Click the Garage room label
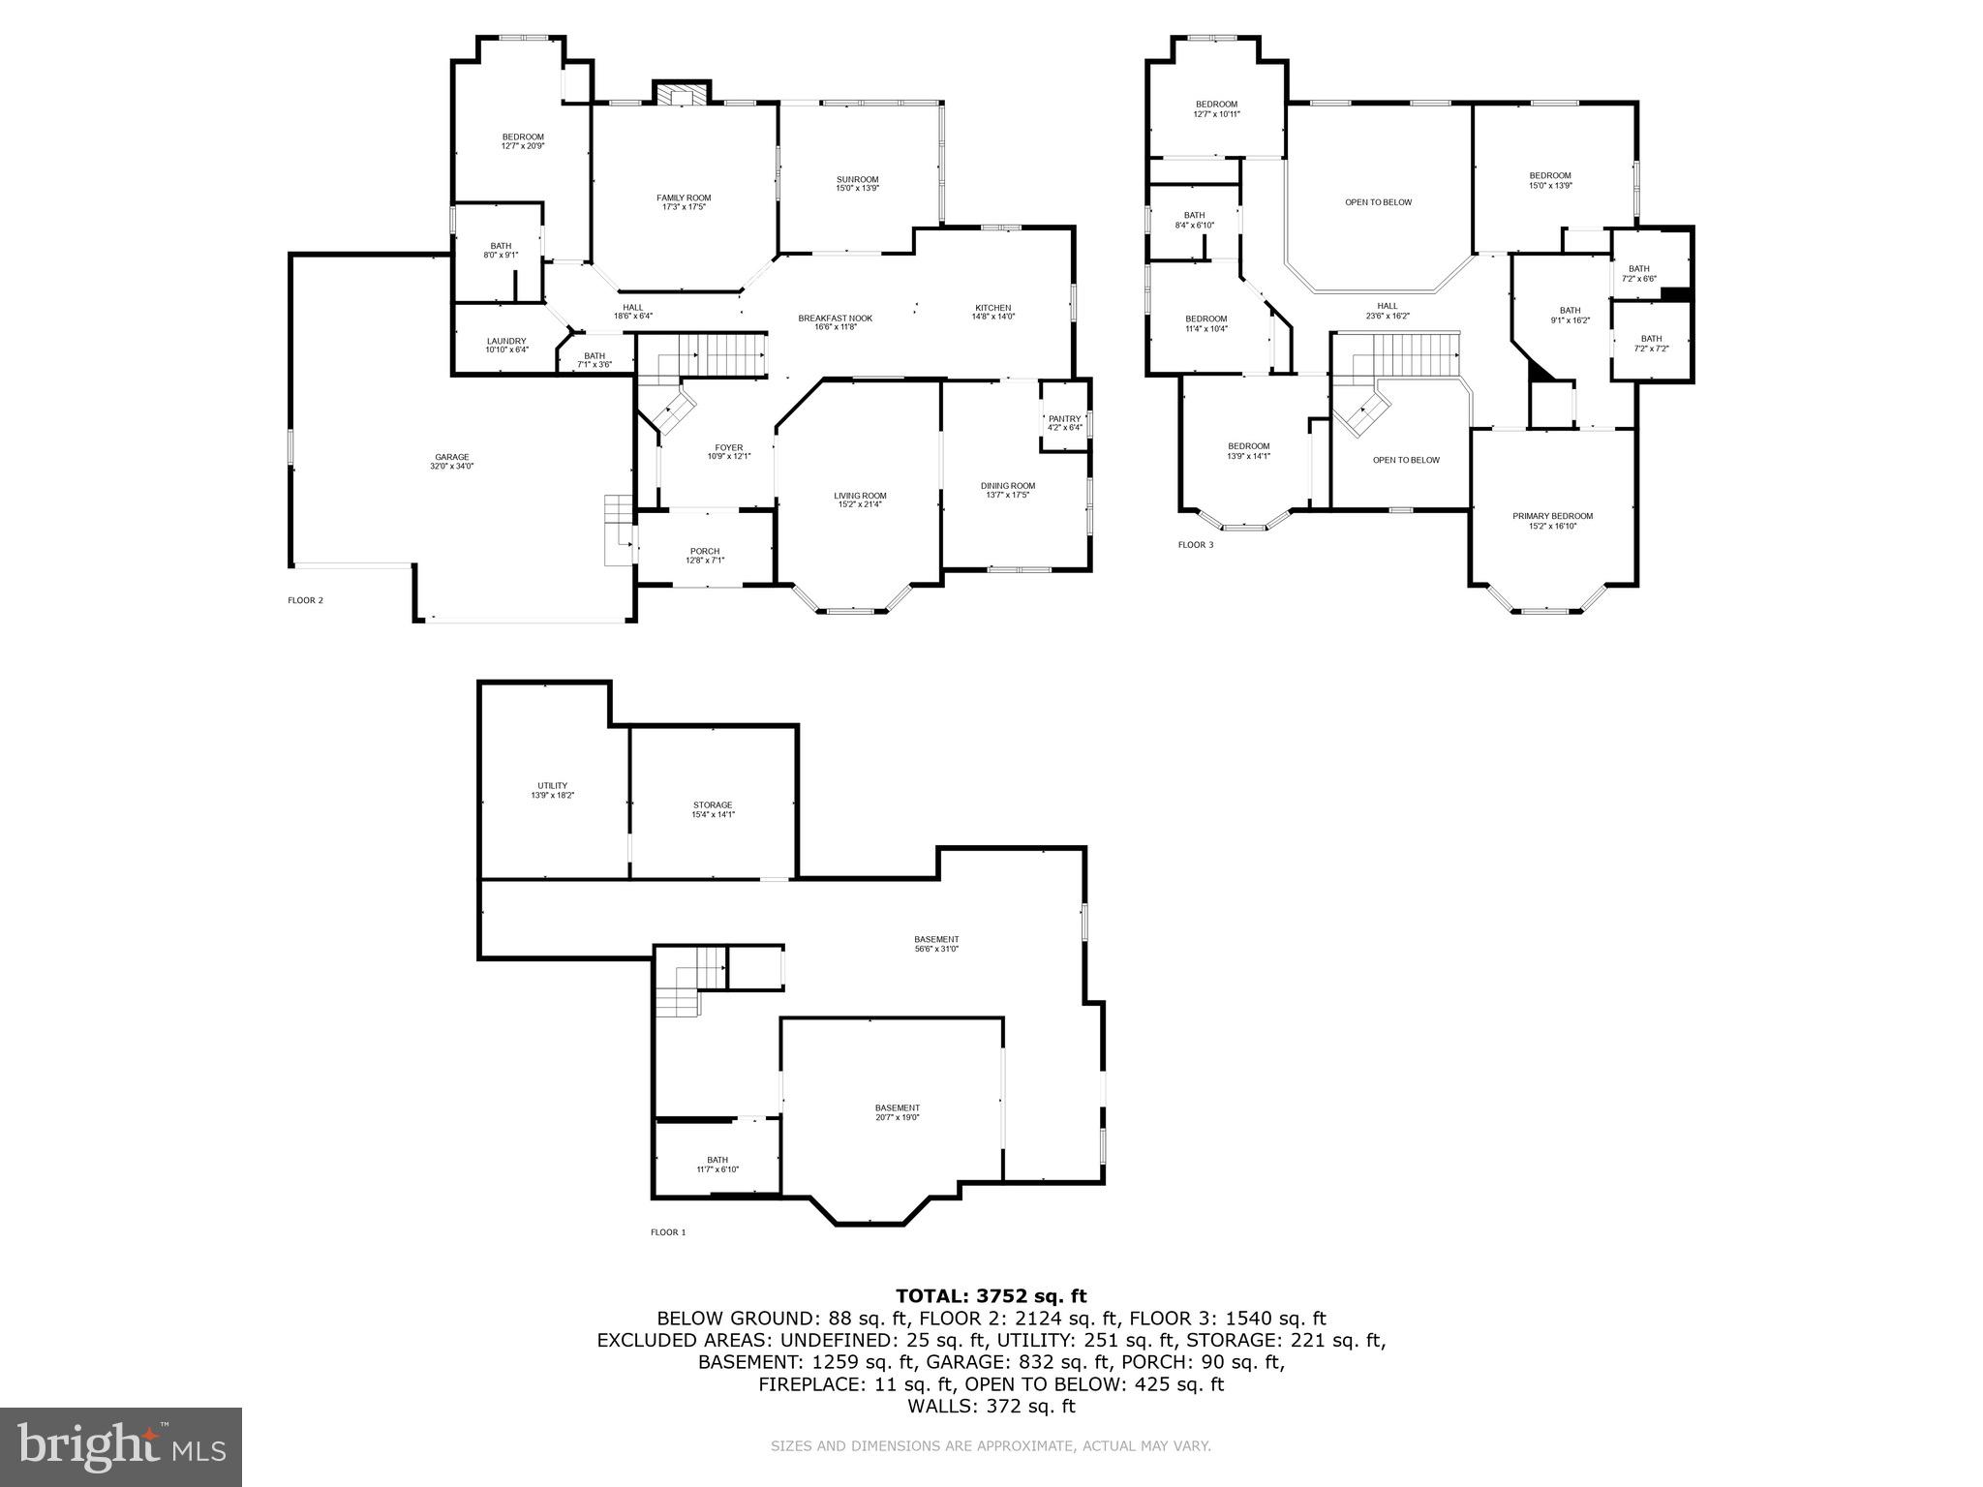(x=451, y=461)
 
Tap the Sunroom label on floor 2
(x=857, y=183)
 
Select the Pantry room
(x=1064, y=422)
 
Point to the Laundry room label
(x=506, y=345)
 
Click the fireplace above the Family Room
(x=683, y=93)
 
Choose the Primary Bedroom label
(x=1552, y=521)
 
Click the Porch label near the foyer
(x=705, y=555)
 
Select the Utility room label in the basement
(x=552, y=790)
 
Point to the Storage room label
(x=713, y=809)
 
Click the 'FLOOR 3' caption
(x=1195, y=545)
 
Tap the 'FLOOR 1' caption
(x=667, y=1232)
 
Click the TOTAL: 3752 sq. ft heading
(x=991, y=1296)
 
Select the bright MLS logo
(x=121, y=1446)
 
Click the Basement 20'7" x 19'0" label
(x=897, y=1112)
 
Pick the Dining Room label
(x=1008, y=490)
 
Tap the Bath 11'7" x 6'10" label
(x=717, y=1164)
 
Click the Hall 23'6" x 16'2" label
(x=1388, y=310)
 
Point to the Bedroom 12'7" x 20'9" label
(x=522, y=141)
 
